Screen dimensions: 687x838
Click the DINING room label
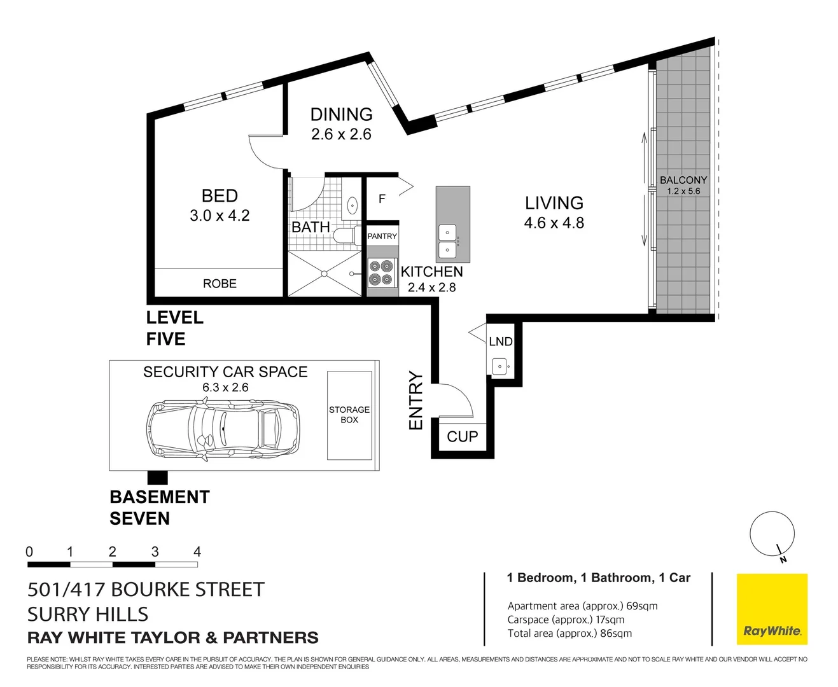click(341, 114)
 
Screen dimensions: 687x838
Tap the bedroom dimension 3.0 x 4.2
click(220, 216)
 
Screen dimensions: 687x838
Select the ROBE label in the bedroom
click(220, 284)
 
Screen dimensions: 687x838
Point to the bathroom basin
click(352, 205)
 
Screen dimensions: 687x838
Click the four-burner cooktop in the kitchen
click(382, 273)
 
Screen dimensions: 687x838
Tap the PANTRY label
click(382, 236)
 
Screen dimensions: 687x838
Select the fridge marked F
click(382, 199)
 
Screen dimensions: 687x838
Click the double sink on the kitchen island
click(448, 241)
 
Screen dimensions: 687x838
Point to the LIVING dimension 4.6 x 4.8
click(554, 223)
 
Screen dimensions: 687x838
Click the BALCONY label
click(683, 180)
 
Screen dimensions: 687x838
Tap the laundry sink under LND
click(500, 366)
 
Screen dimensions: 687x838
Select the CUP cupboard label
click(462, 437)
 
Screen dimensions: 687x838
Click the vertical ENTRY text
click(416, 401)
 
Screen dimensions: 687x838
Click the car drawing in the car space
click(223, 428)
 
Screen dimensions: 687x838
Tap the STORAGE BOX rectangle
click(349, 415)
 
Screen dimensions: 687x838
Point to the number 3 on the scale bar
click(155, 552)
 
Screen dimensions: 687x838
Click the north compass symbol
click(772, 535)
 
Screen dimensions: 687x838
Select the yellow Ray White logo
click(772, 609)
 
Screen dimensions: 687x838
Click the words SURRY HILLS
click(88, 614)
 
